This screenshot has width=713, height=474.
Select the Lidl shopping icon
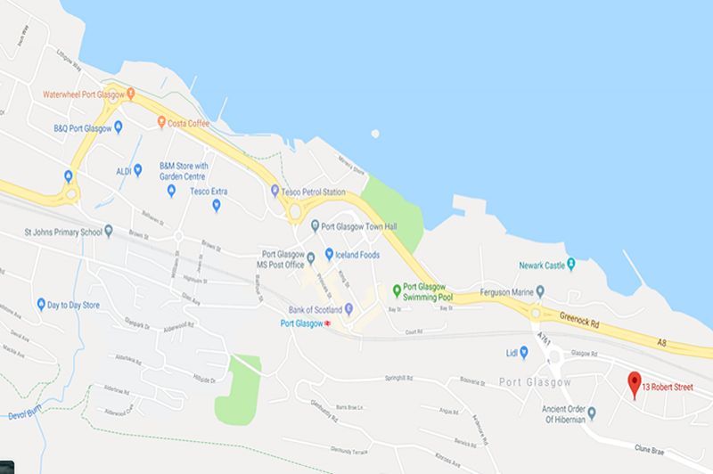click(524, 352)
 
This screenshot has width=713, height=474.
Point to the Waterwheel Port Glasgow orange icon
click(131, 93)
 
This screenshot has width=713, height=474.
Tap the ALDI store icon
click(137, 169)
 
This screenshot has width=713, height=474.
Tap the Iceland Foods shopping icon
click(329, 254)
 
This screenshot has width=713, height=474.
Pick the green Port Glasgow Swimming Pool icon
click(397, 290)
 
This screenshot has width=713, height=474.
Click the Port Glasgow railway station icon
click(327, 323)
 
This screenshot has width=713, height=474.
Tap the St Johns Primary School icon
click(109, 231)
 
